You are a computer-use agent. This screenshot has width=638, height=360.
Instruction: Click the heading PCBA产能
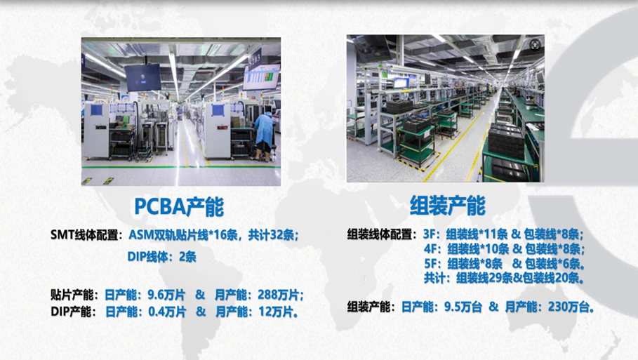tap(179, 206)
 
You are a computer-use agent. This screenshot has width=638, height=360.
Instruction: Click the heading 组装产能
tap(448, 205)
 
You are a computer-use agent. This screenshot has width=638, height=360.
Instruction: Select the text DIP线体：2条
tap(162, 257)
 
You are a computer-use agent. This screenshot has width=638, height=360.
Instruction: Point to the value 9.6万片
tap(166, 295)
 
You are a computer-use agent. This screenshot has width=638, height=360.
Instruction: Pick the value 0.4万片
tap(167, 312)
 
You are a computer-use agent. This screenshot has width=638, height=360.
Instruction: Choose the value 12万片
tap(276, 312)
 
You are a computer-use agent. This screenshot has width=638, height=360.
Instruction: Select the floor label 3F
tap(430, 234)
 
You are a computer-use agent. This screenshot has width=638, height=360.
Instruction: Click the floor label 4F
tap(431, 248)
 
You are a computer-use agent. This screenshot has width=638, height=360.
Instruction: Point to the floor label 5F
tap(431, 264)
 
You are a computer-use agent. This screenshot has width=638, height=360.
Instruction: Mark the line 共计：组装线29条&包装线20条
tap(505, 278)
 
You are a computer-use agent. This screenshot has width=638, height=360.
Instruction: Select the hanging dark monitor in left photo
tap(142, 77)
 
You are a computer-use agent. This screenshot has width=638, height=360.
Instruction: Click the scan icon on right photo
tap(535, 44)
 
